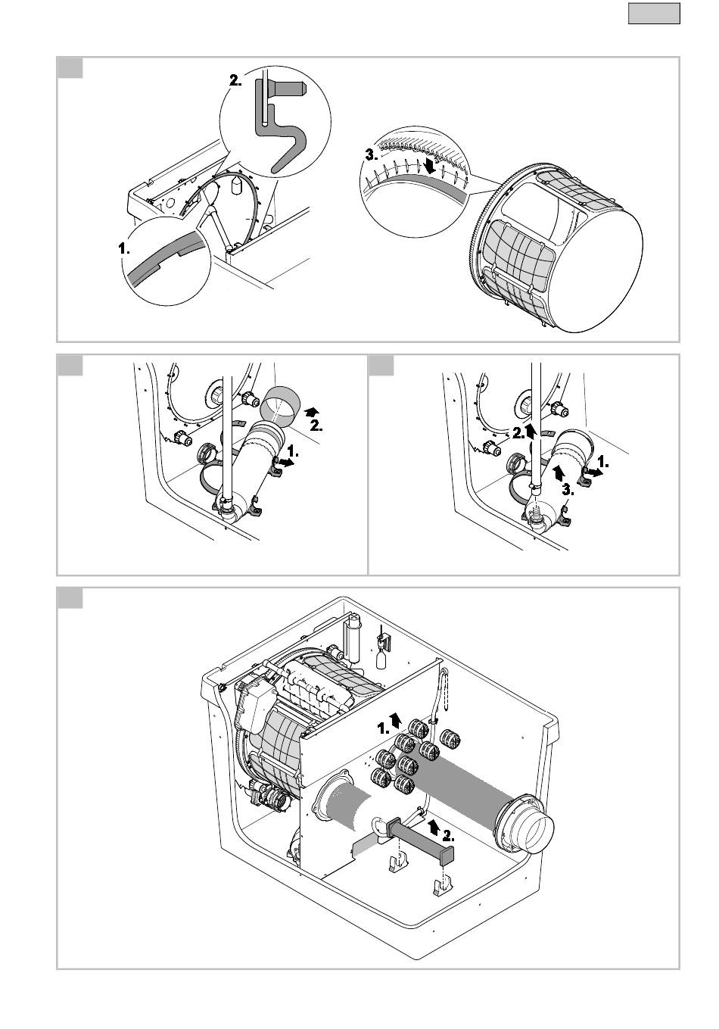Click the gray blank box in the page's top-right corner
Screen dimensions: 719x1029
click(654, 14)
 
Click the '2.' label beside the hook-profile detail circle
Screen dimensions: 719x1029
click(235, 80)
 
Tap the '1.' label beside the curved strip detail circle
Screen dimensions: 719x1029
click(124, 249)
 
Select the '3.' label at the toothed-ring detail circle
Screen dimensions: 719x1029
click(372, 155)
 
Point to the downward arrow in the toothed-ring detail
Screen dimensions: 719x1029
click(430, 166)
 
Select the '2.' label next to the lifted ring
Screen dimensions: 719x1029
click(316, 426)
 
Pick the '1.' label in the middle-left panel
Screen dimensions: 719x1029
click(293, 452)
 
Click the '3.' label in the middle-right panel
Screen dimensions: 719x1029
click(568, 490)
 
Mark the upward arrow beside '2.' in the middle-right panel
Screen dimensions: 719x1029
click(531, 431)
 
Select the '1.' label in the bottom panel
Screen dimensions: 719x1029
click(383, 728)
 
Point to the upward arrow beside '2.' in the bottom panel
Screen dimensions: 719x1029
click(432, 826)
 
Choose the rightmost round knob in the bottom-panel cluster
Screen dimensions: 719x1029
click(450, 738)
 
